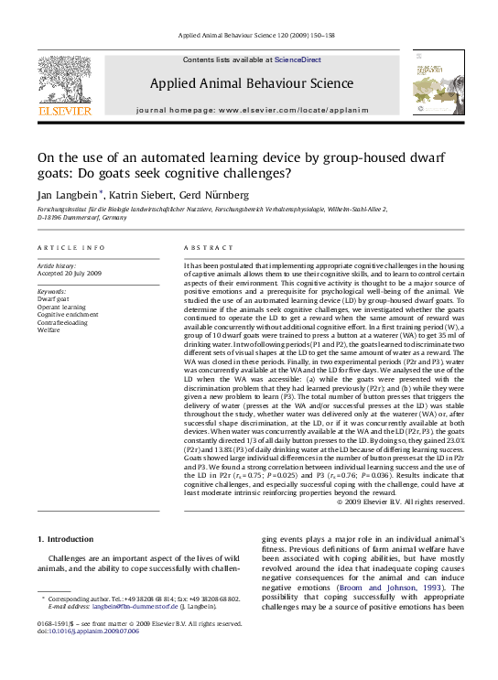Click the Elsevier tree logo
pos(64,82)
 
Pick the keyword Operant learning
pos(62,307)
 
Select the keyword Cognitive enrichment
pos(68,315)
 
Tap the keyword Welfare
pos(49,331)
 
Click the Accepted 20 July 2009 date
pos(70,274)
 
